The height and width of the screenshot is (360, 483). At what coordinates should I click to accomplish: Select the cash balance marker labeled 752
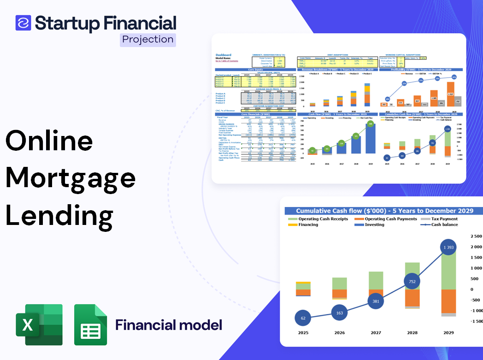tap(412, 282)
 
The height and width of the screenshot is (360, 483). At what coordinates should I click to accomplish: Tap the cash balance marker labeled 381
tap(376, 301)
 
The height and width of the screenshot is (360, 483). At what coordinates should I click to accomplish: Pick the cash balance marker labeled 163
tap(340, 313)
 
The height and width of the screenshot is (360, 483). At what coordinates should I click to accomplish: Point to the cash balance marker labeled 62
tap(303, 318)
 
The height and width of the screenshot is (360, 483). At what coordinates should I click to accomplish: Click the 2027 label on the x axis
tap(376, 333)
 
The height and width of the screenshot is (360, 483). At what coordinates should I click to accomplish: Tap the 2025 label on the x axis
tap(303, 333)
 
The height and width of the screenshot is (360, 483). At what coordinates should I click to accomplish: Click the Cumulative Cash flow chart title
tap(384, 211)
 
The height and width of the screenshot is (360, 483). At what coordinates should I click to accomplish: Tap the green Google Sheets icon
tap(90, 325)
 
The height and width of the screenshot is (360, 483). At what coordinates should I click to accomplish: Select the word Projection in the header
tap(148, 40)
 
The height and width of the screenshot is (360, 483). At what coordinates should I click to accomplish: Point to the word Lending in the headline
tap(59, 215)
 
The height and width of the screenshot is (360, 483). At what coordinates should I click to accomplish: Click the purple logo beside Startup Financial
tap(23, 23)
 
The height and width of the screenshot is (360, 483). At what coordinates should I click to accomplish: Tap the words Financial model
tap(169, 325)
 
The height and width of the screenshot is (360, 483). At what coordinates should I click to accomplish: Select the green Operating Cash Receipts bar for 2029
tap(449, 270)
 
